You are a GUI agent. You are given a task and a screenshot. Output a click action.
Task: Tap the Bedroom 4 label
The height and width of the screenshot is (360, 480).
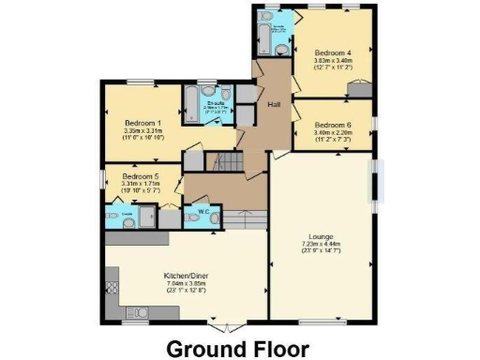click(x=333, y=52)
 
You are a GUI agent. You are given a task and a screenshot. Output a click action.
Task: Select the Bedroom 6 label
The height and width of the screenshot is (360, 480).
click(x=333, y=125)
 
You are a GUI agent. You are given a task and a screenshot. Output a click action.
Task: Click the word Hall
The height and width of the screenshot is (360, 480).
click(x=275, y=103)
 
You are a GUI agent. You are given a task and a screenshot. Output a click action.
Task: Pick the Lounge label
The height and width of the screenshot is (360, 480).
click(x=321, y=236)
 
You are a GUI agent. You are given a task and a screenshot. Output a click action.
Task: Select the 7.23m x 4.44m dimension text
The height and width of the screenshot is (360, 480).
click(x=321, y=244)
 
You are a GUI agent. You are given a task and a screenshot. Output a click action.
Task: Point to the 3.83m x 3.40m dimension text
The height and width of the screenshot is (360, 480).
click(x=333, y=61)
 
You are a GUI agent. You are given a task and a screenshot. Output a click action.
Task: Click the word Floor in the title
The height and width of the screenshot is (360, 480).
click(x=277, y=348)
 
